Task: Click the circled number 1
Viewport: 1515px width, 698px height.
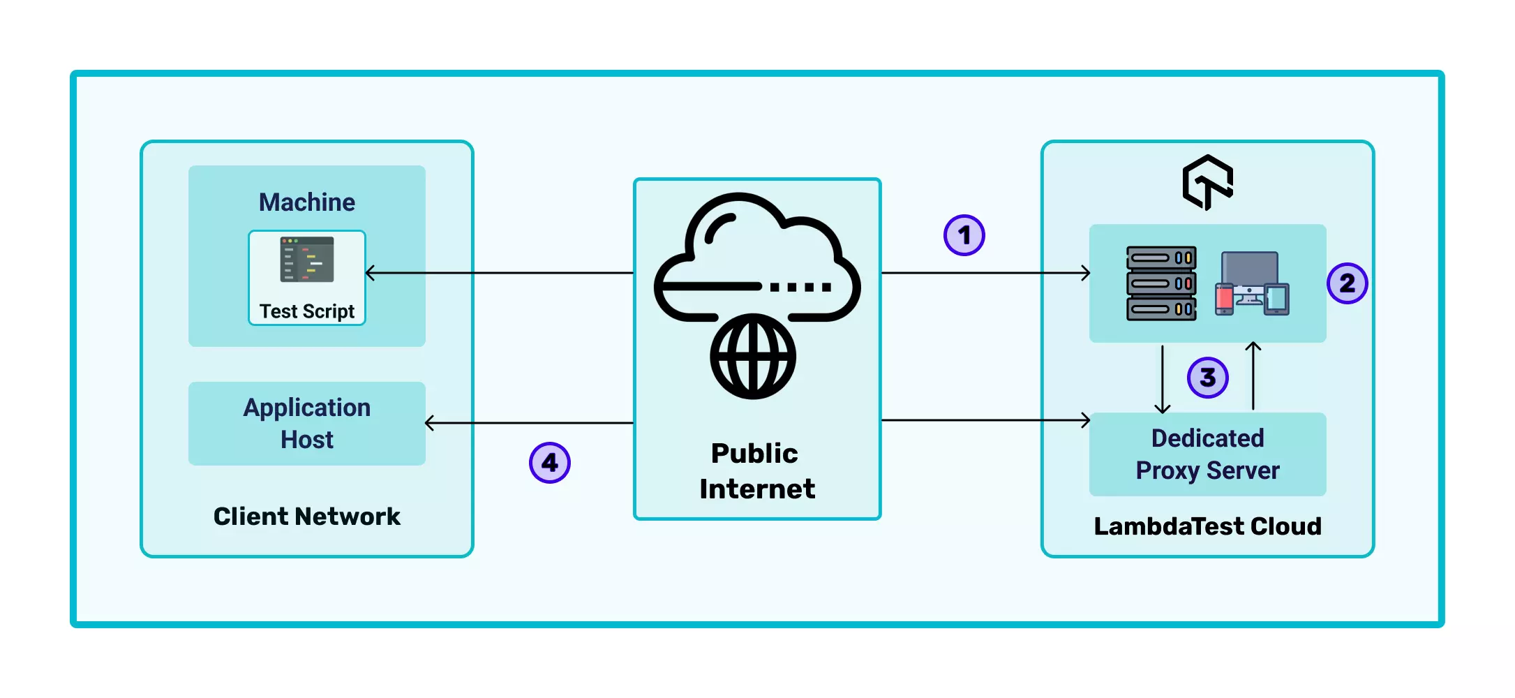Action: tap(964, 235)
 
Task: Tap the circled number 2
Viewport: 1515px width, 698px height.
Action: tap(1347, 283)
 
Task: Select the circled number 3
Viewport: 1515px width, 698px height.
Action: tap(1207, 378)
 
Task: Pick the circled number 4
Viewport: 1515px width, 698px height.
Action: tap(550, 463)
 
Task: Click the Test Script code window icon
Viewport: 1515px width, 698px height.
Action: tap(307, 260)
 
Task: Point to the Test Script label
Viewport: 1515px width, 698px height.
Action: tap(307, 311)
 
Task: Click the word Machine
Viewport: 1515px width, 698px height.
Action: tap(307, 202)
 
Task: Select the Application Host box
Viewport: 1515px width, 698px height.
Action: tap(307, 424)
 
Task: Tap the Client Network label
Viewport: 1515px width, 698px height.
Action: tap(307, 517)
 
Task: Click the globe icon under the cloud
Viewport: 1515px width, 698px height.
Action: tap(753, 357)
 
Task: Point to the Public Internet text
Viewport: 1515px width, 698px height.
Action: tap(756, 471)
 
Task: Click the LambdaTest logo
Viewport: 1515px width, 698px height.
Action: tap(1207, 182)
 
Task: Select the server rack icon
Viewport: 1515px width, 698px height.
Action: tap(1161, 283)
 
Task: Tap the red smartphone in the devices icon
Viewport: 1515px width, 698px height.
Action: tap(1224, 299)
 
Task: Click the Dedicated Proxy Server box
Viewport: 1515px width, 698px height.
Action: tap(1207, 454)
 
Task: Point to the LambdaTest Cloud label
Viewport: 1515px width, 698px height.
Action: tap(1207, 526)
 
